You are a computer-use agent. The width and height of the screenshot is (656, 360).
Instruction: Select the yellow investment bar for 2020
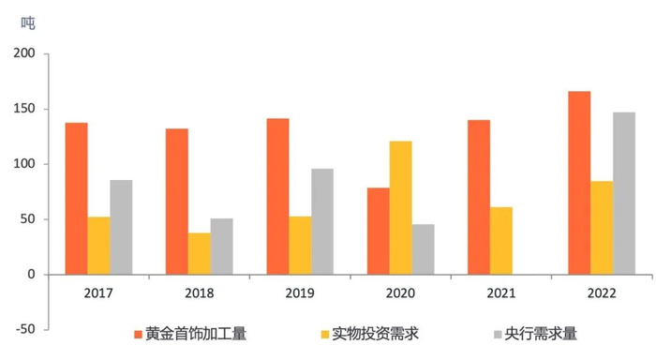(400, 208)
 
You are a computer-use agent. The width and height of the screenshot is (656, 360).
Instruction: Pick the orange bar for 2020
(378, 232)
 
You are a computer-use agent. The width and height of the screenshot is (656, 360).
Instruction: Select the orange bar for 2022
(578, 183)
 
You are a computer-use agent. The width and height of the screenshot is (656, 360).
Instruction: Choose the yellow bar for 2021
(501, 241)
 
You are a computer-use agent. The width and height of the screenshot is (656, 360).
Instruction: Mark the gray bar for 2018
(221, 247)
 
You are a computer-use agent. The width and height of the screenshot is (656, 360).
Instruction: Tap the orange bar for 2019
(277, 197)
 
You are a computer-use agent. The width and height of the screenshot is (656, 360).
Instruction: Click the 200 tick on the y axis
(24, 54)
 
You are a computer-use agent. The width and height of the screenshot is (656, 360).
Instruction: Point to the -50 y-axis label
(23, 329)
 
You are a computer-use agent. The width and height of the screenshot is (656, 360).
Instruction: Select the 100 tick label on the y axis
(24, 164)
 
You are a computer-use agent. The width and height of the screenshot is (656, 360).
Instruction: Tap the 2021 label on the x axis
(501, 292)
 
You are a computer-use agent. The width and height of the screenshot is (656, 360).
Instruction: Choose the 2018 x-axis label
(199, 292)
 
